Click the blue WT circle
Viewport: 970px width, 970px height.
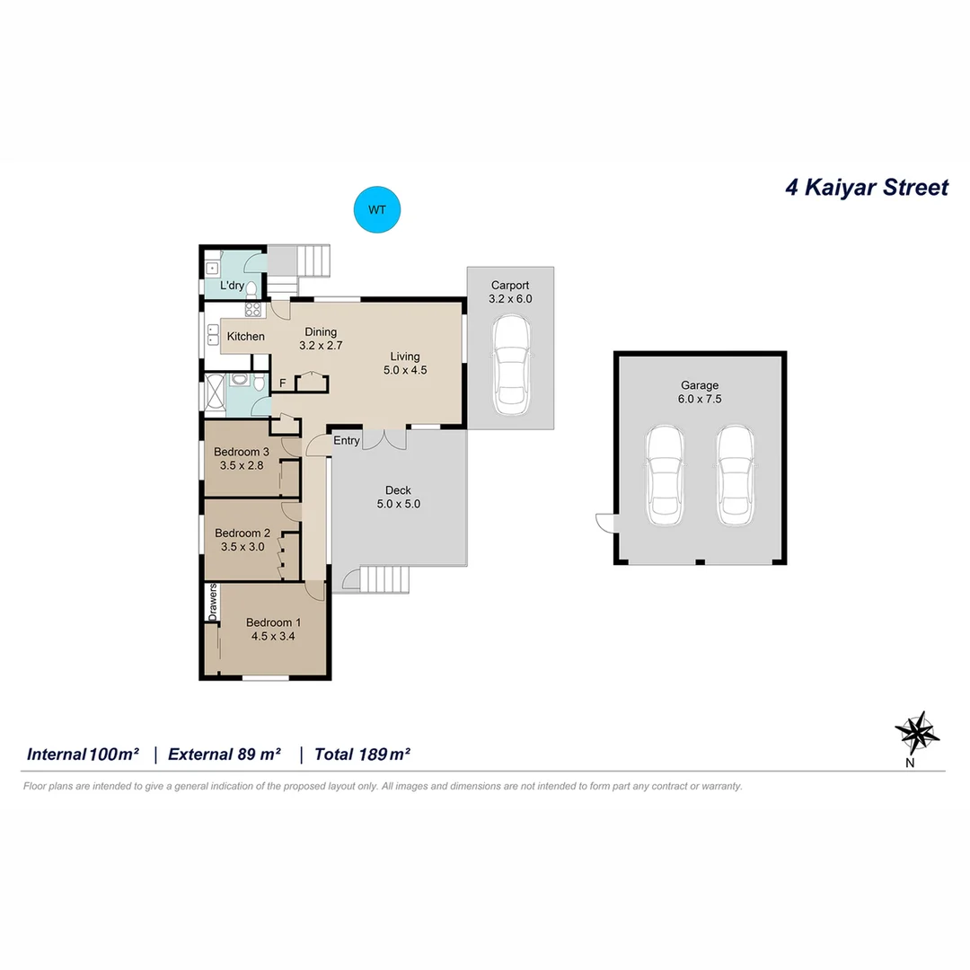click(377, 210)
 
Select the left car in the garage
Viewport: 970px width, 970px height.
click(666, 476)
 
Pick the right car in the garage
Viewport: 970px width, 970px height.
click(734, 476)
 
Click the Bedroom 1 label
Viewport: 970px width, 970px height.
click(273, 622)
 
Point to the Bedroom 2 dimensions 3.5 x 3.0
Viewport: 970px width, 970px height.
click(242, 546)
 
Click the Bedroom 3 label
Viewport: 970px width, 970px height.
click(242, 452)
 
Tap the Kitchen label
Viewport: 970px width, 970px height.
click(245, 337)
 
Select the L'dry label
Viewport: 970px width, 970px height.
click(233, 286)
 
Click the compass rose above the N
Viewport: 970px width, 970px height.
click(916, 731)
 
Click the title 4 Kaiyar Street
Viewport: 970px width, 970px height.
click(866, 188)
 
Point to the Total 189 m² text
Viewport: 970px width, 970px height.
click(362, 754)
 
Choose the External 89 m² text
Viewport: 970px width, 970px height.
click(225, 754)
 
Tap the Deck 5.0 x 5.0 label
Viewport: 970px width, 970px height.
click(398, 497)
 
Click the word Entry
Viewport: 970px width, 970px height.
click(347, 441)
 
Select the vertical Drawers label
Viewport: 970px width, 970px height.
click(213, 603)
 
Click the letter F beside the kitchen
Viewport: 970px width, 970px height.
click(282, 384)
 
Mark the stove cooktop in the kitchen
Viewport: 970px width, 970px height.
click(253, 309)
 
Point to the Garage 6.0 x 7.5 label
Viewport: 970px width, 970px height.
click(699, 392)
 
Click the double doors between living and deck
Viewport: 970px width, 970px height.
click(384, 437)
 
